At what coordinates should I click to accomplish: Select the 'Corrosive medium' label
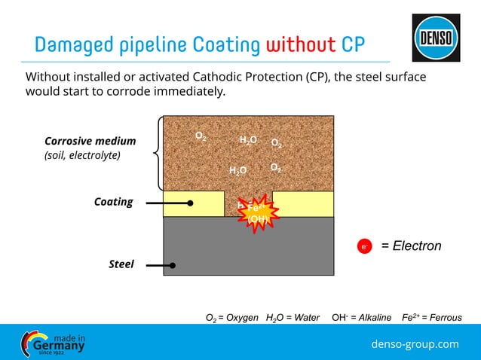point(90,141)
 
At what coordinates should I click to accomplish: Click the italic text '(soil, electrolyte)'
point(82,155)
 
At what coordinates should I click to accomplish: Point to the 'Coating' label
point(113,202)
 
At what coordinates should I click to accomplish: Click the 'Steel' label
point(121,264)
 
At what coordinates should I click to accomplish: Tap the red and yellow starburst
point(256,212)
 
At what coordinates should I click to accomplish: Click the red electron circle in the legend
point(363,246)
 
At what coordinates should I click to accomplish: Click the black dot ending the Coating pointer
point(190,203)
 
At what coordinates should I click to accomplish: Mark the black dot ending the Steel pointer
point(173,265)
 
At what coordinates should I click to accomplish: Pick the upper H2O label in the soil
point(248,141)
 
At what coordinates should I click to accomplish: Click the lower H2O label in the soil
point(237,171)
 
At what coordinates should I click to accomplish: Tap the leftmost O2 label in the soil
point(201,136)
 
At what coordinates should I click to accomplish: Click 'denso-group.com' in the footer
point(415,344)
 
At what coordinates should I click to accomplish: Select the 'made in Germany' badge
point(54,343)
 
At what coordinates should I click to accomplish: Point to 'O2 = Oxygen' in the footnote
point(232,318)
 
